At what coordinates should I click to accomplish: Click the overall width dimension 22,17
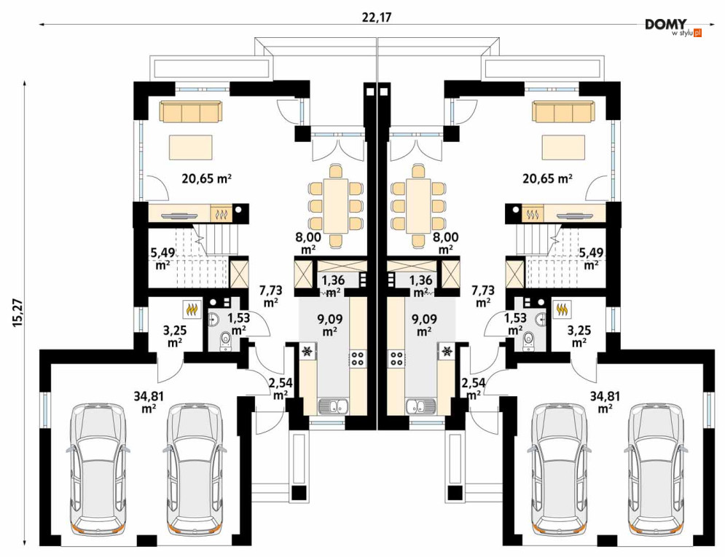pyautogui.click(x=377, y=17)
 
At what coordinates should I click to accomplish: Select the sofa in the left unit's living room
pyautogui.click(x=191, y=112)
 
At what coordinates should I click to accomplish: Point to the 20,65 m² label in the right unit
pyautogui.click(x=547, y=178)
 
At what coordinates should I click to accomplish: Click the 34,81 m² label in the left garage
pyautogui.click(x=149, y=401)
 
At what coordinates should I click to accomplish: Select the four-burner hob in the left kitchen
pyautogui.click(x=358, y=359)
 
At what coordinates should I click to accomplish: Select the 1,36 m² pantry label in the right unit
pyautogui.click(x=420, y=286)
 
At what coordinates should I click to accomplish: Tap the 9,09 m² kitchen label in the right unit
pyautogui.click(x=423, y=325)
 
